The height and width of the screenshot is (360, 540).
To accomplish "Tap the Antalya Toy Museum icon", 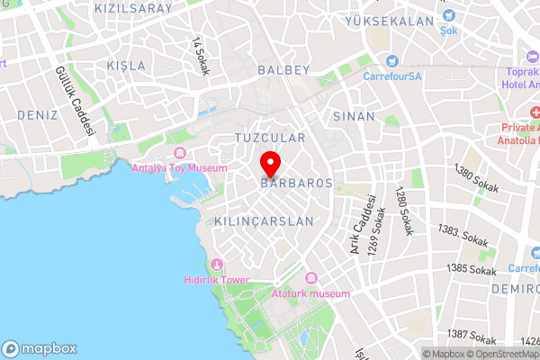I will point(180,154).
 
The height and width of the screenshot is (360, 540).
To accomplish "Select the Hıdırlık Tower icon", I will point(215,264).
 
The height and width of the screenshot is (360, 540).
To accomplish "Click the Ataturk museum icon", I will point(311,278).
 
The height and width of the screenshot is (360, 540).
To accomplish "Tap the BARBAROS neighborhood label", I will point(296,182).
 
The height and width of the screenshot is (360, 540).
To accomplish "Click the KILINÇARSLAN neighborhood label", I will point(265,220).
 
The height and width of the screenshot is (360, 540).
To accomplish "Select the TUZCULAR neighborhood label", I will point(269,138).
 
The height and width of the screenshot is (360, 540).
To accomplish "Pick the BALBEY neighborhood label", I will point(283,69).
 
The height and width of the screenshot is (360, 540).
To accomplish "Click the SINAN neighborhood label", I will point(354,117).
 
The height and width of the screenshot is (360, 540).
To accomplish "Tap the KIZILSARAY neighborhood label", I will point(133,7).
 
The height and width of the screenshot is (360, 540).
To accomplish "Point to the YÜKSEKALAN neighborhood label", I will point(407,21).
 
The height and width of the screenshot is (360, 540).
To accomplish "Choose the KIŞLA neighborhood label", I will point(125,66).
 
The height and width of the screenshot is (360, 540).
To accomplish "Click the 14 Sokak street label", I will point(200,56).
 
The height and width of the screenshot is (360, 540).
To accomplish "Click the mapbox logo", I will point(40,348).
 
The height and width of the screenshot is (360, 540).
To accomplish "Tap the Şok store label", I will point(449,30).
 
